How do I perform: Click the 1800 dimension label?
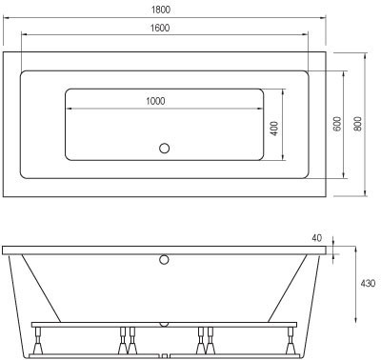point(161,10)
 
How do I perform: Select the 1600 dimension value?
point(160,28)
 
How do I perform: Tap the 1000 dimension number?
point(155,101)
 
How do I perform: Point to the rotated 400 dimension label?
point(275,129)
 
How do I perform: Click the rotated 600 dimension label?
point(337,124)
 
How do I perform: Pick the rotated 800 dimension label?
point(358,124)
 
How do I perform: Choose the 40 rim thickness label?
point(316,238)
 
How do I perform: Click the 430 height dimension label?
point(368,283)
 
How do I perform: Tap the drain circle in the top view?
point(164,149)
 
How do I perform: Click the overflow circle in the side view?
point(164,260)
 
